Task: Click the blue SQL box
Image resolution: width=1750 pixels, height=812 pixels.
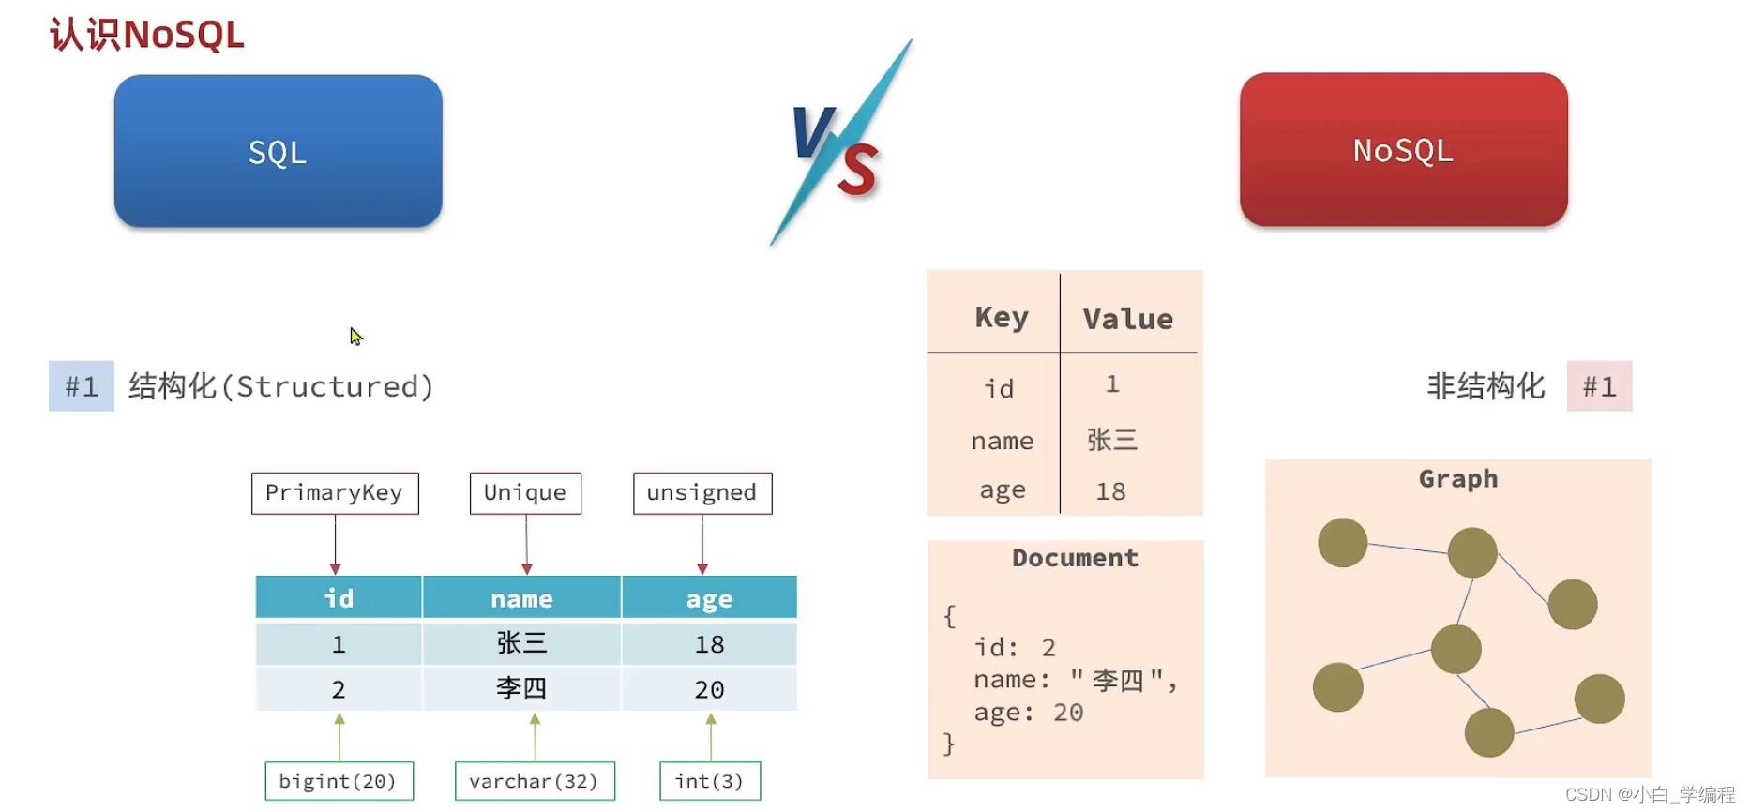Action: coord(278,151)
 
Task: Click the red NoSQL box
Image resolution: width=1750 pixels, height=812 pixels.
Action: coord(1403,150)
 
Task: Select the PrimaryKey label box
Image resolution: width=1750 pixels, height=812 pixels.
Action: coord(335,493)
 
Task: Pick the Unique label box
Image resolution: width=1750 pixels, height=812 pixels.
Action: coord(525,493)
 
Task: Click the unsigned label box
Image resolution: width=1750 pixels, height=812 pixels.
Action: coord(702,493)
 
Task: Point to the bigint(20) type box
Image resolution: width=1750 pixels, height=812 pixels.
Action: coord(339,781)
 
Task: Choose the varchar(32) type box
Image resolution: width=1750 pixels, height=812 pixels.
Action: coord(535,781)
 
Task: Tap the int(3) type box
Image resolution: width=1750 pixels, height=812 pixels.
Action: coord(710,781)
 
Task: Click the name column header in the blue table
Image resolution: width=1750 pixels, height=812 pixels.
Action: coord(521,597)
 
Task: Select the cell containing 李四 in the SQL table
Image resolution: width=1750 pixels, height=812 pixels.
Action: coord(521,689)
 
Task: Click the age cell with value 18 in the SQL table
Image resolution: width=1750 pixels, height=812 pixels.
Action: coord(709,644)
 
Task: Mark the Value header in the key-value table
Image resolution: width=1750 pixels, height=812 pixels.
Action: coord(1128,319)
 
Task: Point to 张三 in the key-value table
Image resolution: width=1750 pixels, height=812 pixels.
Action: coord(1112,440)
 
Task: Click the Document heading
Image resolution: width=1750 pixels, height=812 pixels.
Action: coord(1075,558)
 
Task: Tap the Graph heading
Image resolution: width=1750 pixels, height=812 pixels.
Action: coord(1458,479)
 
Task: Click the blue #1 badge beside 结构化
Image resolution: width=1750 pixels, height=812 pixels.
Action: coord(82,386)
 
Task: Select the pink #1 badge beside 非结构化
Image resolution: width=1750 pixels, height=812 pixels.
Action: coord(1599,386)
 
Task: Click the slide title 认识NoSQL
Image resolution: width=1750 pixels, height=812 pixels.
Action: coord(147,35)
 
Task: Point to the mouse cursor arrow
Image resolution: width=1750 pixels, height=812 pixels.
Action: coord(355,336)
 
